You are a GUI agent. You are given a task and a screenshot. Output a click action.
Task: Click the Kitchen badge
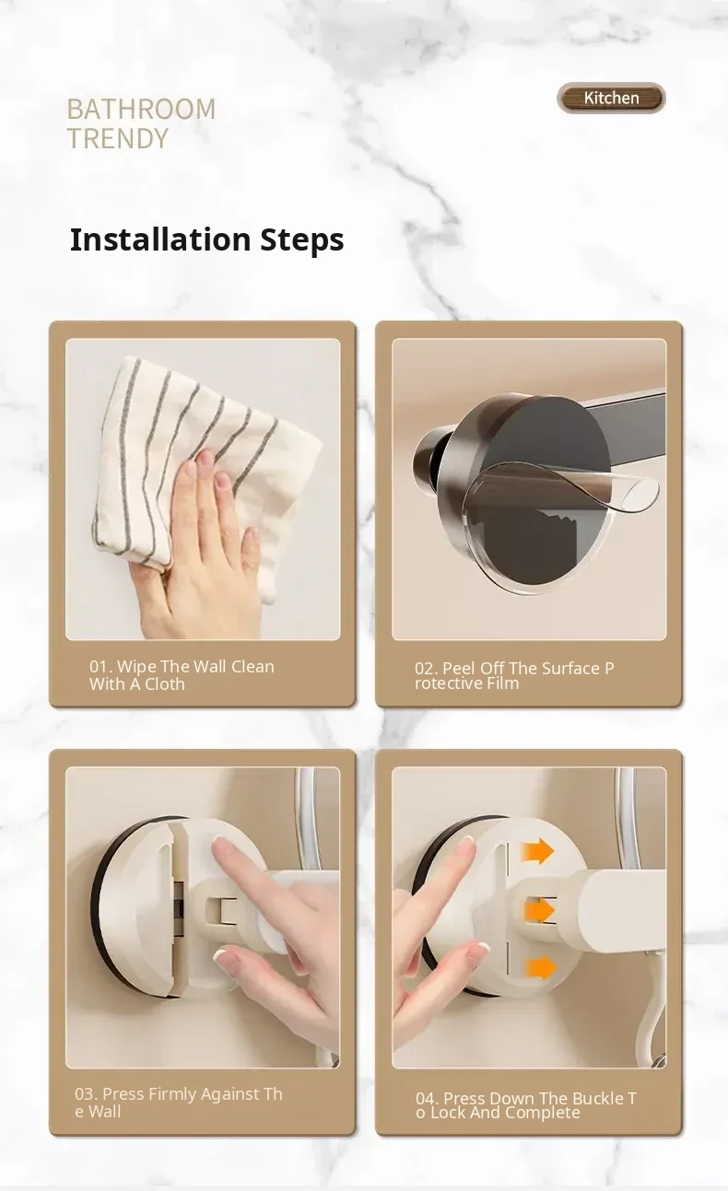(611, 98)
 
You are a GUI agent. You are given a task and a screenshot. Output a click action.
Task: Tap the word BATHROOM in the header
(141, 110)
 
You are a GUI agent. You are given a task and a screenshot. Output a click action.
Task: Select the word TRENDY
(118, 138)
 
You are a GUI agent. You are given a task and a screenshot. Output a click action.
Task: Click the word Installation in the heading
(160, 239)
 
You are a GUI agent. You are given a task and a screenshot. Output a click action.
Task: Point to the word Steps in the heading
(302, 240)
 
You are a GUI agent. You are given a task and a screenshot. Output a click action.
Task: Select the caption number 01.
(99, 666)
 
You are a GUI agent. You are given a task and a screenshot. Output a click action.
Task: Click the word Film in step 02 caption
(502, 683)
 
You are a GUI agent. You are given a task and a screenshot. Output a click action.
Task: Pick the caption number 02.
(424, 669)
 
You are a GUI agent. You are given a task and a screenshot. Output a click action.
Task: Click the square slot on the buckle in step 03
(220, 910)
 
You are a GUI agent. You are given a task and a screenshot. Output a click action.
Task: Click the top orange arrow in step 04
(538, 851)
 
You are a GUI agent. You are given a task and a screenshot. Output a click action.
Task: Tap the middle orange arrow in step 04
(539, 910)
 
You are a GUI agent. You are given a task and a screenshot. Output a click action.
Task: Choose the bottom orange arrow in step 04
(540, 966)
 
